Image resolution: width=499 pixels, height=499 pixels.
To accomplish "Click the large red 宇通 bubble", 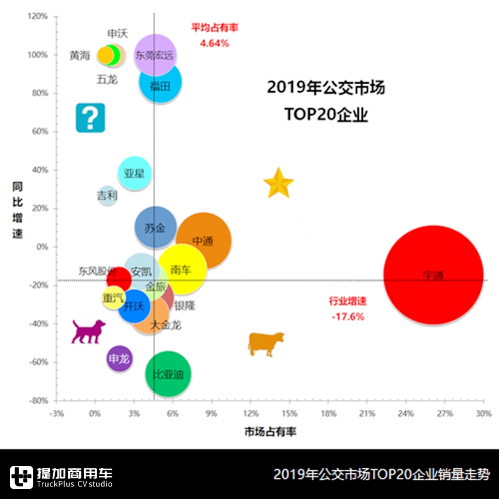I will (433, 275).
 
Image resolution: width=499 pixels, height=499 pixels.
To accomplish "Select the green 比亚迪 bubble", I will (168, 374).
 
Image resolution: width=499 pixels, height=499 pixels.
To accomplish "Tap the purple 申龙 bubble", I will (119, 359).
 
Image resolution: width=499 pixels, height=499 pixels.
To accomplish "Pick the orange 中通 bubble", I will (204, 241).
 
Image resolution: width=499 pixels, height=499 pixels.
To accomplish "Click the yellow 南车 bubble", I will (182, 269).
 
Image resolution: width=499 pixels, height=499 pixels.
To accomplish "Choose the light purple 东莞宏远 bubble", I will (155, 55).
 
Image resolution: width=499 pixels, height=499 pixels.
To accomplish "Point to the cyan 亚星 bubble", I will (134, 173).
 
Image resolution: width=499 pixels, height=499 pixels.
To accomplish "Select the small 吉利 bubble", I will (107, 195).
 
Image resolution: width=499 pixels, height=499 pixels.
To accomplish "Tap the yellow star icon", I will (278, 183).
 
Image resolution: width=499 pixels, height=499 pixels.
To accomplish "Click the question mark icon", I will (90, 117).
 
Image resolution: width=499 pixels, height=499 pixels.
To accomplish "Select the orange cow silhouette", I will (266, 343).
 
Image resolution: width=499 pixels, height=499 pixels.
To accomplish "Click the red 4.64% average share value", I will (214, 44).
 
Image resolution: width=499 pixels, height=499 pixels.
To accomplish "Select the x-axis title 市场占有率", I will (270, 432).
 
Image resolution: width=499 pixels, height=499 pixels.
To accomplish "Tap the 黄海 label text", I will (80, 56).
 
